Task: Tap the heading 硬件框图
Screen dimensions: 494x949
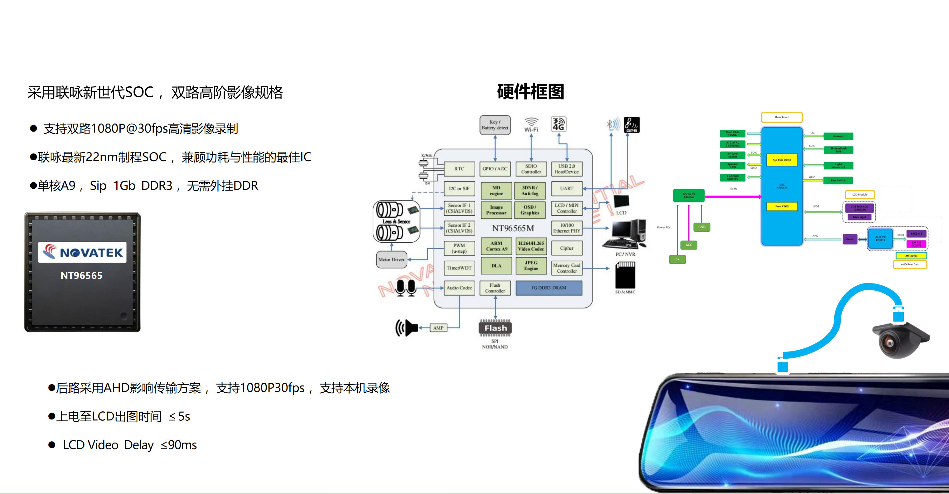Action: (x=530, y=92)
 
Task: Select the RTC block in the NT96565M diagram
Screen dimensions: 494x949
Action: (x=459, y=169)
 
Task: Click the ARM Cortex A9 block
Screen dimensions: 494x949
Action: (x=496, y=246)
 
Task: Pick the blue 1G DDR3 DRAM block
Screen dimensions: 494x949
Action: (x=549, y=288)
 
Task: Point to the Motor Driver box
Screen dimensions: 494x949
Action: (x=391, y=259)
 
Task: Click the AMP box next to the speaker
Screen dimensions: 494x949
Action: (x=438, y=328)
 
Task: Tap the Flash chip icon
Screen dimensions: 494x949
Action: (x=495, y=328)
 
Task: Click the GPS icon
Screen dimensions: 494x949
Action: (x=632, y=124)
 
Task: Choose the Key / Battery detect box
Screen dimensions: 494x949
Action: (x=495, y=125)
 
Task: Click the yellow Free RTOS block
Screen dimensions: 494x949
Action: (x=782, y=206)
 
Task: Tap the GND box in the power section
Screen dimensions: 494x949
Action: (x=701, y=227)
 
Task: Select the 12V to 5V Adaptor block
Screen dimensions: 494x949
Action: (x=689, y=195)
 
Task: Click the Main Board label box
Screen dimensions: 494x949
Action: (x=782, y=117)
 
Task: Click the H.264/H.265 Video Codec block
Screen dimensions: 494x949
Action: (x=531, y=246)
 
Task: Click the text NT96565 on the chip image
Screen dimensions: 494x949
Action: (x=81, y=276)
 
